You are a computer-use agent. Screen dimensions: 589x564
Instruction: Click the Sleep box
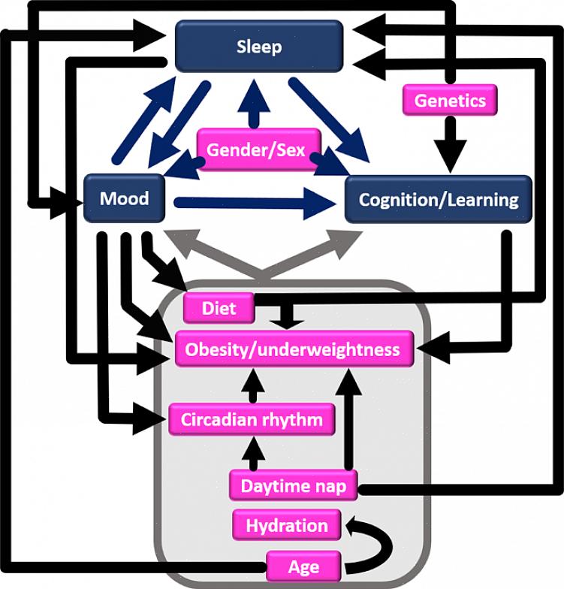(259, 47)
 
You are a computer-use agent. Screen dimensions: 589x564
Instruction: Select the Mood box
(125, 199)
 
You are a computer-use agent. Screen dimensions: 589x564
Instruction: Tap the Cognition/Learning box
(439, 200)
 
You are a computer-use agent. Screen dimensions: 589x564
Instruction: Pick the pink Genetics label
(450, 100)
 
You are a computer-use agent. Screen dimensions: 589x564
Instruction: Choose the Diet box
(219, 307)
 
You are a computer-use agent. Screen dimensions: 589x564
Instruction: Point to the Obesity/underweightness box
(293, 349)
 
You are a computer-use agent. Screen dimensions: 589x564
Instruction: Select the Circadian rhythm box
(252, 419)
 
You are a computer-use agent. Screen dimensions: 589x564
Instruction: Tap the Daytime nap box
(293, 486)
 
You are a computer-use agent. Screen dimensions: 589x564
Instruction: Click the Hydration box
(287, 525)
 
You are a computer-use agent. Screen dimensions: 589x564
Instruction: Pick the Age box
(303, 566)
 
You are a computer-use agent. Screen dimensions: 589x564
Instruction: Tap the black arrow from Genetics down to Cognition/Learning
(450, 143)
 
